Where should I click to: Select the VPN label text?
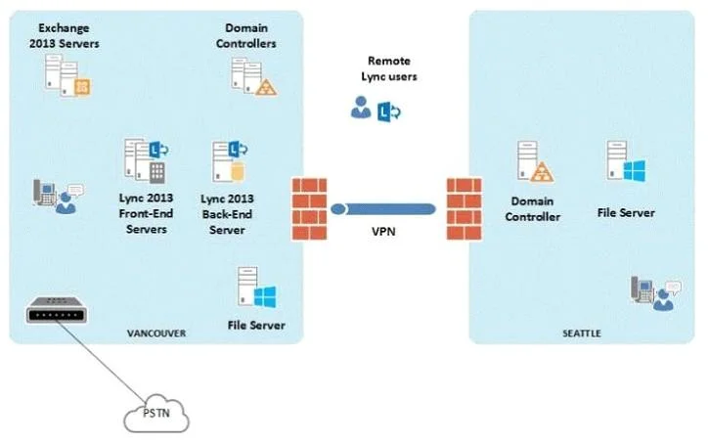pos(383,231)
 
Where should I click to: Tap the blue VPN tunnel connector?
pos(383,209)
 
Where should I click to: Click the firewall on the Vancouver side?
pos(309,208)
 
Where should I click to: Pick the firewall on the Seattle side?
pos(465,208)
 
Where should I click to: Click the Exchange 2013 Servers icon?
pos(66,75)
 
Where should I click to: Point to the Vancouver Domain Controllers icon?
pos(253,76)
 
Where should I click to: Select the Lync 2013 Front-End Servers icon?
pos(147,160)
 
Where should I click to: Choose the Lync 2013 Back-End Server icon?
pos(230,161)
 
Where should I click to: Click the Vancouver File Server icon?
pos(256,288)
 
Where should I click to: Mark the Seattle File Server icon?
pos(626,161)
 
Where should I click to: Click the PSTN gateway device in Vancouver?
pos(57,310)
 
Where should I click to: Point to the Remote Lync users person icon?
pos(361,108)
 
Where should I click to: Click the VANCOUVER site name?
pos(156,333)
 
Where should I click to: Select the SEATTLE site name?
pos(582,333)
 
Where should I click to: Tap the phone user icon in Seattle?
pos(656,293)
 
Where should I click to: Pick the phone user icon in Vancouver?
pos(59,197)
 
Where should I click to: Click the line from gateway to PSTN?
pos(102,361)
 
